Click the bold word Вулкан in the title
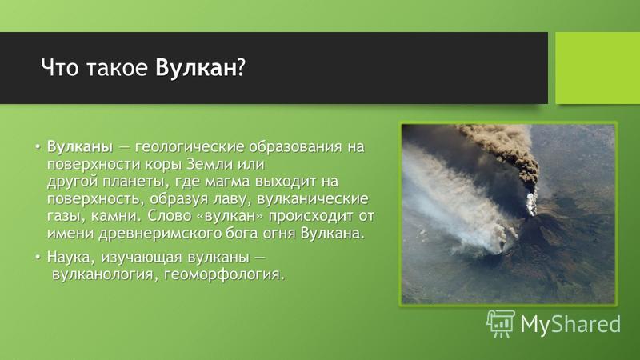click(x=195, y=67)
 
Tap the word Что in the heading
click(x=59, y=67)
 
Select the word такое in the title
click(x=117, y=68)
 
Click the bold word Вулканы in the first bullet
click(x=79, y=147)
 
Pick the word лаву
click(x=230, y=199)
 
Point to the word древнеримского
click(x=161, y=234)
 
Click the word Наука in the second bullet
click(x=71, y=258)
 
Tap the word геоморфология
click(x=224, y=274)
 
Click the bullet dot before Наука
click(x=38, y=257)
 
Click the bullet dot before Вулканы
click(x=38, y=146)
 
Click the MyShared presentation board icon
click(x=501, y=323)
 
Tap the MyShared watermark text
click(x=570, y=325)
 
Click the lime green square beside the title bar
click(x=598, y=68)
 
